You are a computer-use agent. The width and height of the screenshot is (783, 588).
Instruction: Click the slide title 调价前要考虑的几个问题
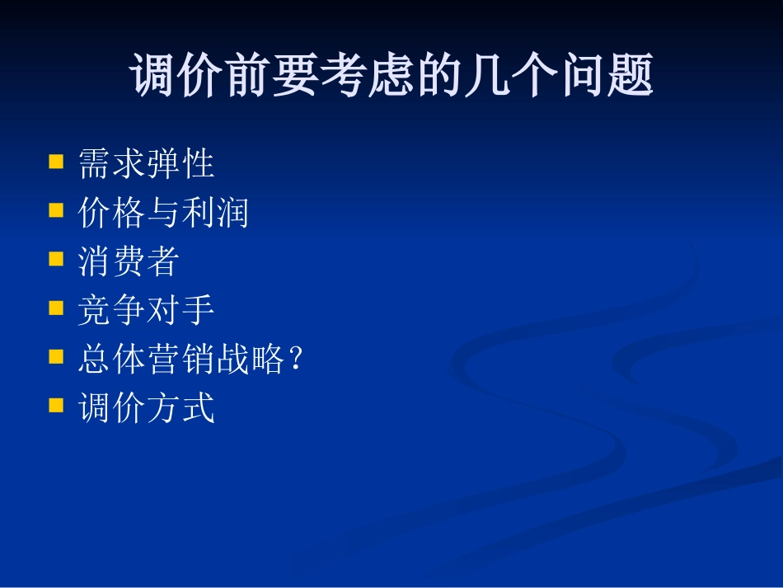pyautogui.click(x=391, y=77)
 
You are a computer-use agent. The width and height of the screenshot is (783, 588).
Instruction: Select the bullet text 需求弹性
pyautogui.click(x=147, y=164)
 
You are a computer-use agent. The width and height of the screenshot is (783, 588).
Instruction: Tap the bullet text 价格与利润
pyautogui.click(x=163, y=213)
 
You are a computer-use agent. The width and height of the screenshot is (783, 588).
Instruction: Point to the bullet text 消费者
pyautogui.click(x=129, y=261)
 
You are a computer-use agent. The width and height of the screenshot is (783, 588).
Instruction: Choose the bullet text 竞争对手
pyautogui.click(x=147, y=310)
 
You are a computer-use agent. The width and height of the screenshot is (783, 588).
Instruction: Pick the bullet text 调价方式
pyautogui.click(x=147, y=408)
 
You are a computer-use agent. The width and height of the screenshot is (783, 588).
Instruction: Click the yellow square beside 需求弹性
pyautogui.click(x=56, y=161)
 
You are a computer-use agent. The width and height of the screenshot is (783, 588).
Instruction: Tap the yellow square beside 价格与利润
pyautogui.click(x=56, y=209)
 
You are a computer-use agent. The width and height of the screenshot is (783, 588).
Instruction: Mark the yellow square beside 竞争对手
pyautogui.click(x=56, y=308)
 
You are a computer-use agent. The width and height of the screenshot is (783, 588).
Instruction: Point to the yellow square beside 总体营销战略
pyautogui.click(x=56, y=356)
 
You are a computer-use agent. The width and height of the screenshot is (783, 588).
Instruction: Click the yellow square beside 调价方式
pyautogui.click(x=56, y=405)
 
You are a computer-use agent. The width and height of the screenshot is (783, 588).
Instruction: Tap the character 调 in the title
pyautogui.click(x=156, y=77)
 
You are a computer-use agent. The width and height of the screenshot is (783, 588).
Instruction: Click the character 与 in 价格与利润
pyautogui.click(x=163, y=213)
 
